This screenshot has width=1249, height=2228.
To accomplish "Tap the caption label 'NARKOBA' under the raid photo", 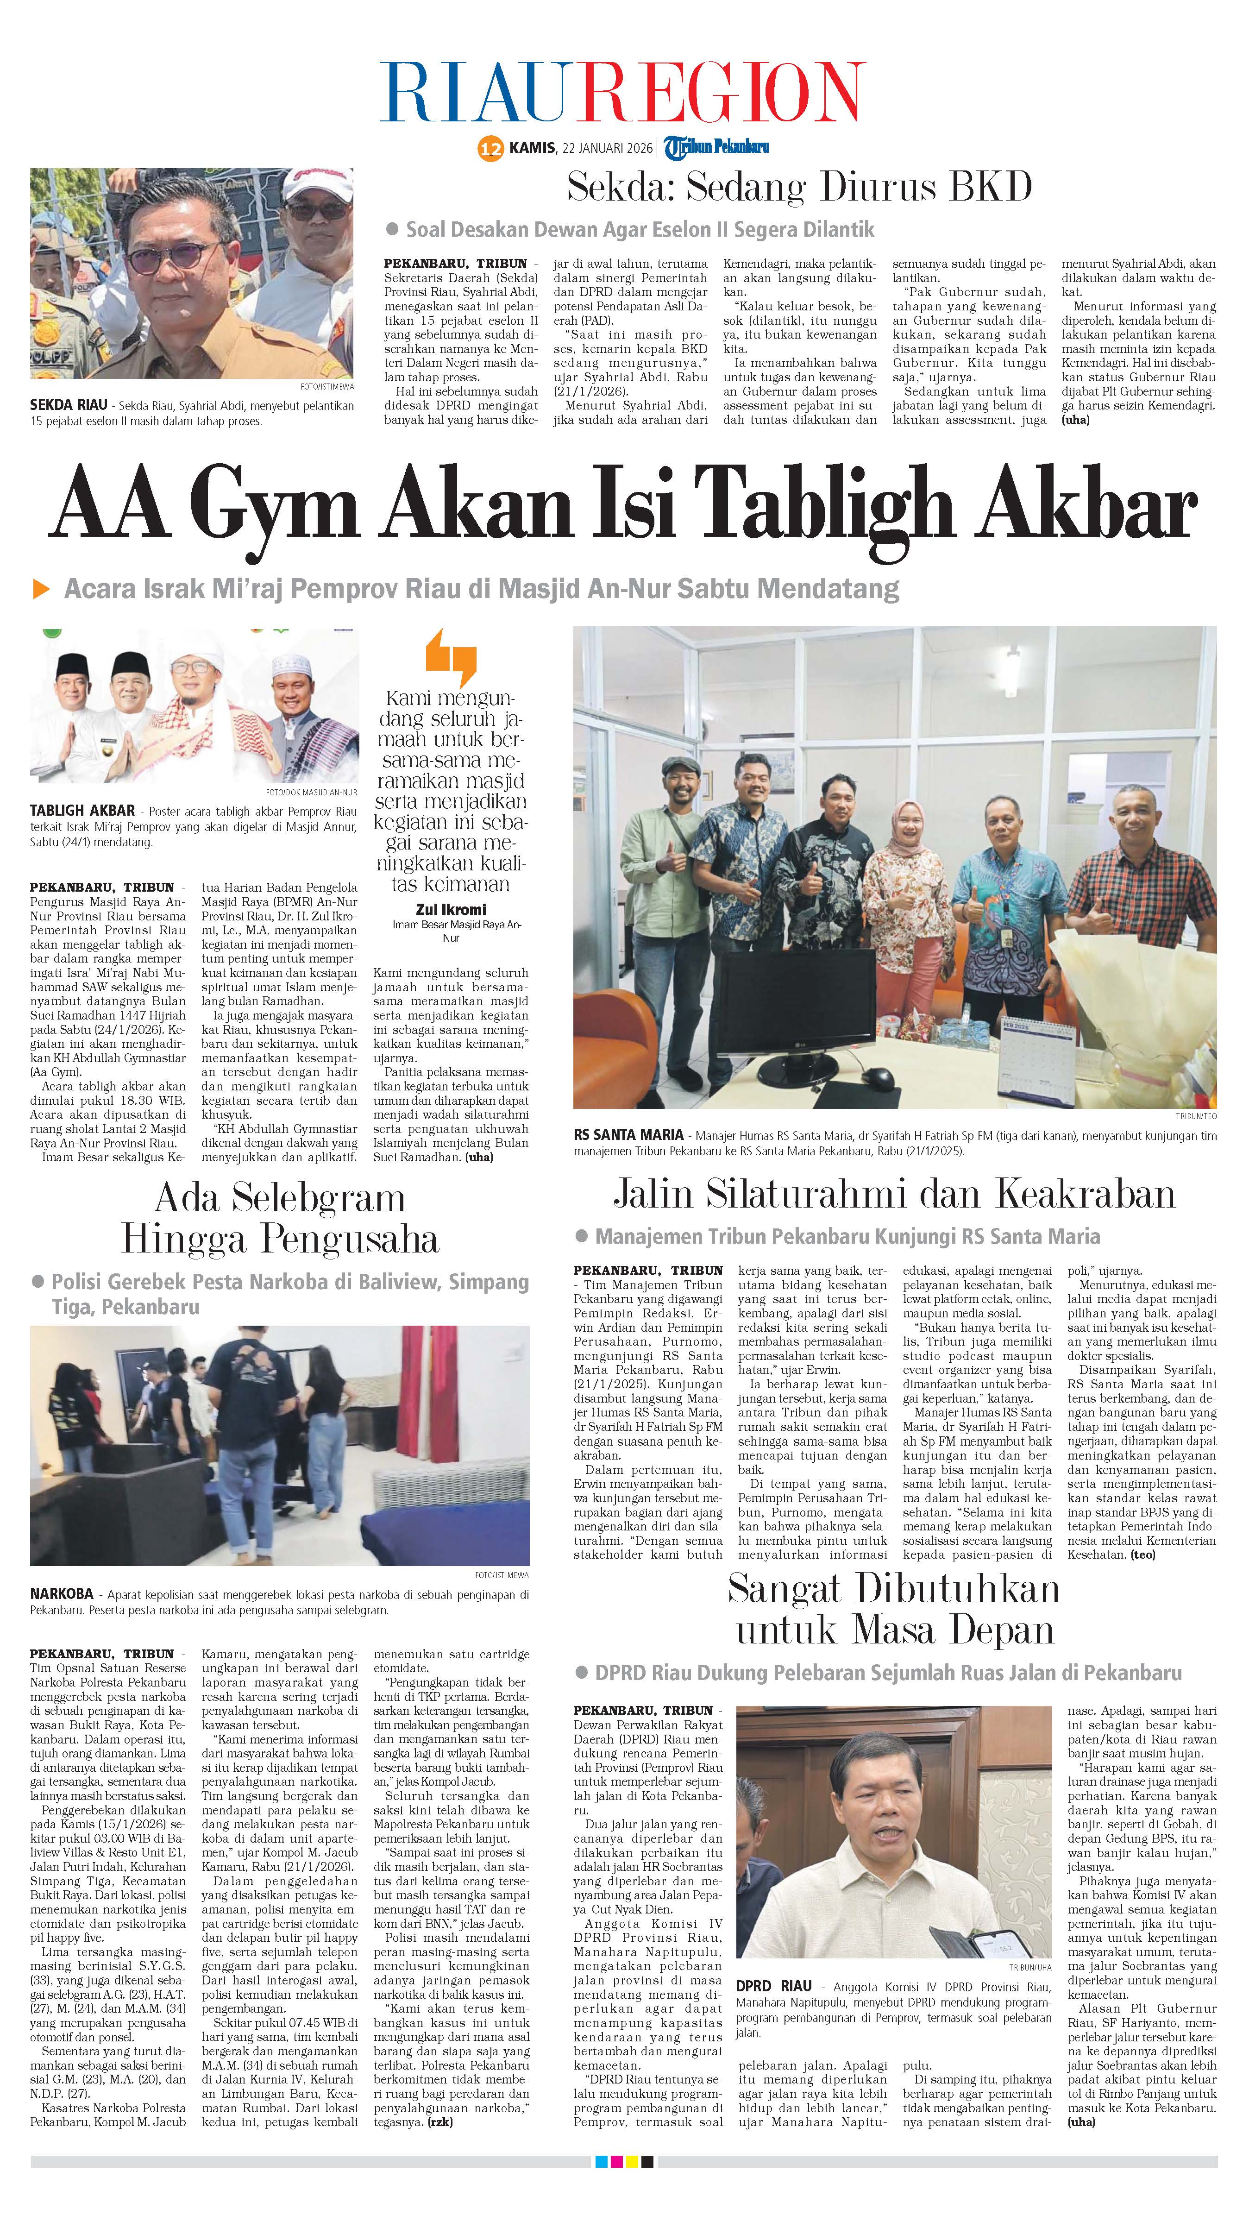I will pyautogui.click(x=62, y=1594).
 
